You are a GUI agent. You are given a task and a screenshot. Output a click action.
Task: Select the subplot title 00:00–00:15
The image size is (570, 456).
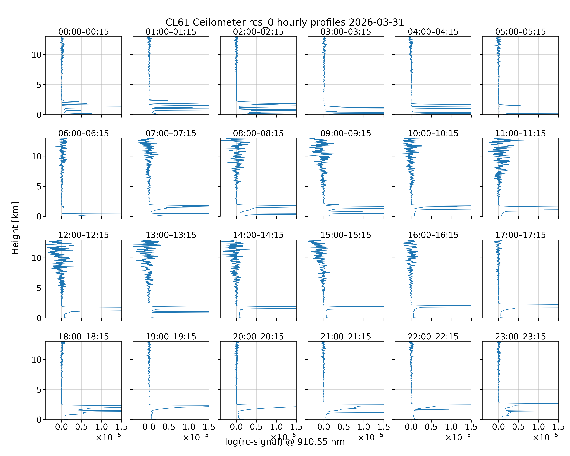pyautogui.click(x=84, y=32)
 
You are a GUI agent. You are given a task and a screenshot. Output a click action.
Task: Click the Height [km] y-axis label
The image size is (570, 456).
pyautogui.click(x=15, y=228)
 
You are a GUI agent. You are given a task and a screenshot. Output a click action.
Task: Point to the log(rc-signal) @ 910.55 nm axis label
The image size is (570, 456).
pyautogui.click(x=285, y=442)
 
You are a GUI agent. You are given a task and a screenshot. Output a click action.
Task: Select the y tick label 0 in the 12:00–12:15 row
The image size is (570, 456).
pyautogui.click(x=39, y=318)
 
